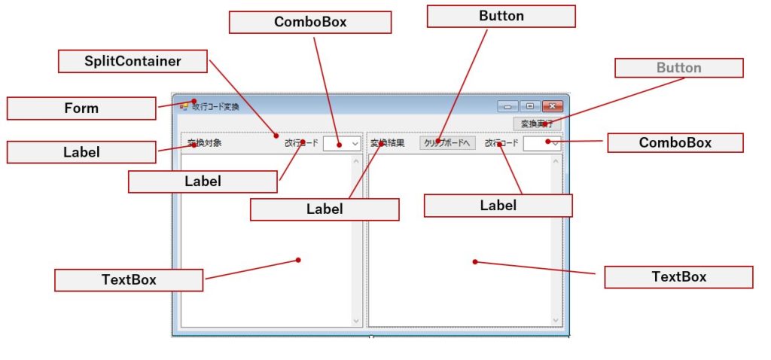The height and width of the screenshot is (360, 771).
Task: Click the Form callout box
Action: (81, 108)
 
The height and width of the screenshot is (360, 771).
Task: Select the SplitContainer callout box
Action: (133, 61)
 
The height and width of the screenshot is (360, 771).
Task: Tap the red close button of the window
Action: (553, 107)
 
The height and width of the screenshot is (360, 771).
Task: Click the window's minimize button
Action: (507, 107)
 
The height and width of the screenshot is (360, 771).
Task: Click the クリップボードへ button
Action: (447, 143)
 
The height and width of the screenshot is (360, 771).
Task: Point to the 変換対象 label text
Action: (204, 143)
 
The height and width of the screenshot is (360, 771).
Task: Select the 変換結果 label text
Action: (387, 143)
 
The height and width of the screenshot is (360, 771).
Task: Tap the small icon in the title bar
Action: (184, 106)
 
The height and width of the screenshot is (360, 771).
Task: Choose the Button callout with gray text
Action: (678, 68)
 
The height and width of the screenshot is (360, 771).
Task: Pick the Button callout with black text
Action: (501, 16)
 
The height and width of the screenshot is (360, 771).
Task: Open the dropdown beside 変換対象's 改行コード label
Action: (343, 143)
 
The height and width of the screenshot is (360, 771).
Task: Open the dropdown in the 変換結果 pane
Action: (542, 143)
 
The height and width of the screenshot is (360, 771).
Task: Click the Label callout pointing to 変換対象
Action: (81, 152)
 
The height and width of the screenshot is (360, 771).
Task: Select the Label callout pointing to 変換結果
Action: (324, 209)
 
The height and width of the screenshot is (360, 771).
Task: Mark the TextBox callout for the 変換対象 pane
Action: (129, 280)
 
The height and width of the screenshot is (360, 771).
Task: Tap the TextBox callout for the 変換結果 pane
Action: (678, 277)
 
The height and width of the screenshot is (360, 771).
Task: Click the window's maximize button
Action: (530, 107)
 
